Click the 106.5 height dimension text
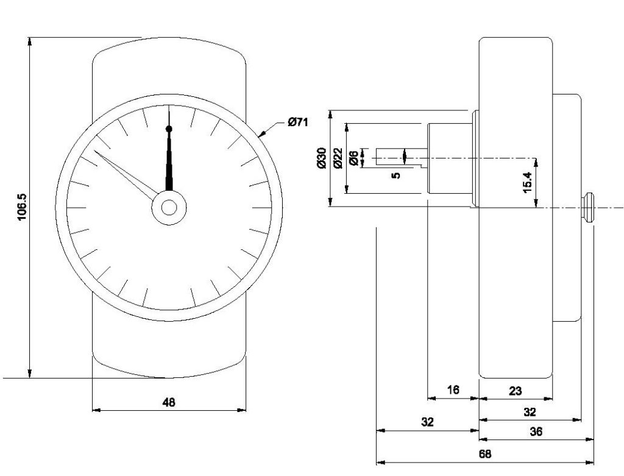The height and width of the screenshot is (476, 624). pyautogui.click(x=23, y=207)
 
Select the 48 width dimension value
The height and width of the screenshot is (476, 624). pyautogui.click(x=169, y=402)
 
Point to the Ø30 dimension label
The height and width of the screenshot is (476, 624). pyautogui.click(x=322, y=158)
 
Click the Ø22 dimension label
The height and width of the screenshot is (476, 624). pyautogui.click(x=338, y=158)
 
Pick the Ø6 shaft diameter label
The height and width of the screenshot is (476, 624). pyautogui.click(x=353, y=158)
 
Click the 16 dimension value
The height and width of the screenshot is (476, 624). pyautogui.click(x=453, y=390)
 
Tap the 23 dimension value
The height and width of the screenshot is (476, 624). pyautogui.click(x=516, y=390)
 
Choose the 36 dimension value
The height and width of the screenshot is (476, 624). pyautogui.click(x=536, y=432)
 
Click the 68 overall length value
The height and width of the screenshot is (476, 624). pyautogui.click(x=484, y=454)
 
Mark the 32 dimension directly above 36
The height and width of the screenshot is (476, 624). pyautogui.click(x=530, y=412)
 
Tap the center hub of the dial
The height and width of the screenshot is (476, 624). pyautogui.click(x=169, y=208)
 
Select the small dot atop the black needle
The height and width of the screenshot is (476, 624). pyautogui.click(x=169, y=129)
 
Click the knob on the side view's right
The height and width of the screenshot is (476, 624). pyautogui.click(x=588, y=208)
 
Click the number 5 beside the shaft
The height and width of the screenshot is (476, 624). pyautogui.click(x=396, y=175)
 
